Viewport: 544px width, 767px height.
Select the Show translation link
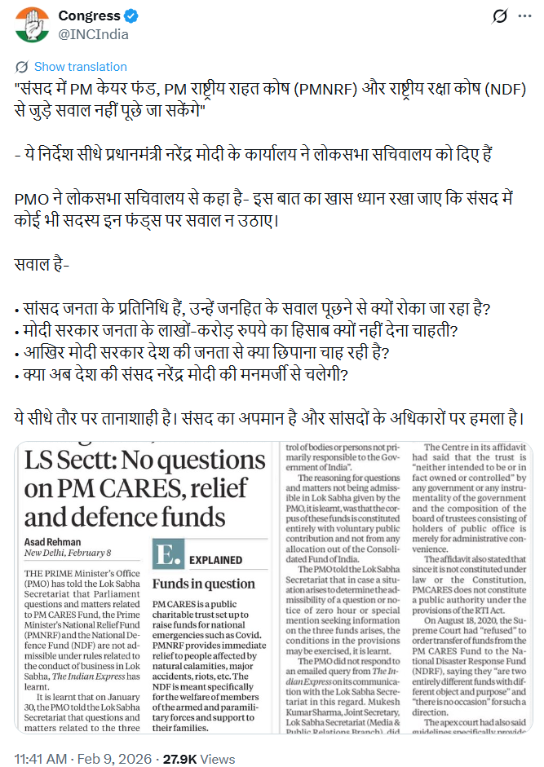[80, 67]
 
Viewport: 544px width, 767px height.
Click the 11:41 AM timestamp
[42, 736]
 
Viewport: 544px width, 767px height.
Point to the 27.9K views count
[209, 736]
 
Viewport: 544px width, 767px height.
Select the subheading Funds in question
[203, 584]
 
